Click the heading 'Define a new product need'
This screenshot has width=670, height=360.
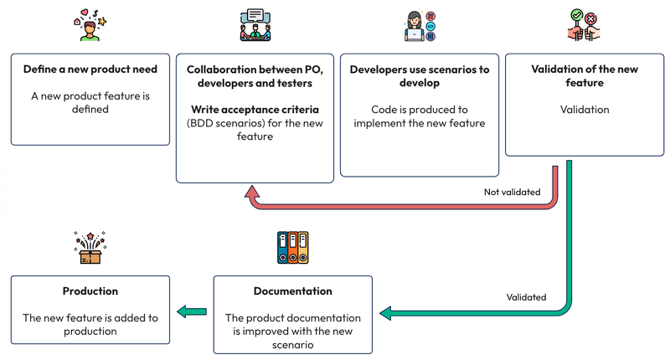90,69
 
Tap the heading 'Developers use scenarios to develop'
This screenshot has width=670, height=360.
420,76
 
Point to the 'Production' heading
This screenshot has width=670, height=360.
90,291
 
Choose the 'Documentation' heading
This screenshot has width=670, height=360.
292,291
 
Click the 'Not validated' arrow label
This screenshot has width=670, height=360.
512,192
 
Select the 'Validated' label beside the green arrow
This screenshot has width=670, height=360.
526,297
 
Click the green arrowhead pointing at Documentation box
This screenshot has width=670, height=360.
387,313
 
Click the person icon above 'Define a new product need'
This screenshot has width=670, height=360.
90,27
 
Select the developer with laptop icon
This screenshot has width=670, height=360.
419,26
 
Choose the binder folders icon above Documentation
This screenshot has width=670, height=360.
292,248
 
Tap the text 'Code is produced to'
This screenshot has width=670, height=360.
420,110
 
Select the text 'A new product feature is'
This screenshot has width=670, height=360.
90,95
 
